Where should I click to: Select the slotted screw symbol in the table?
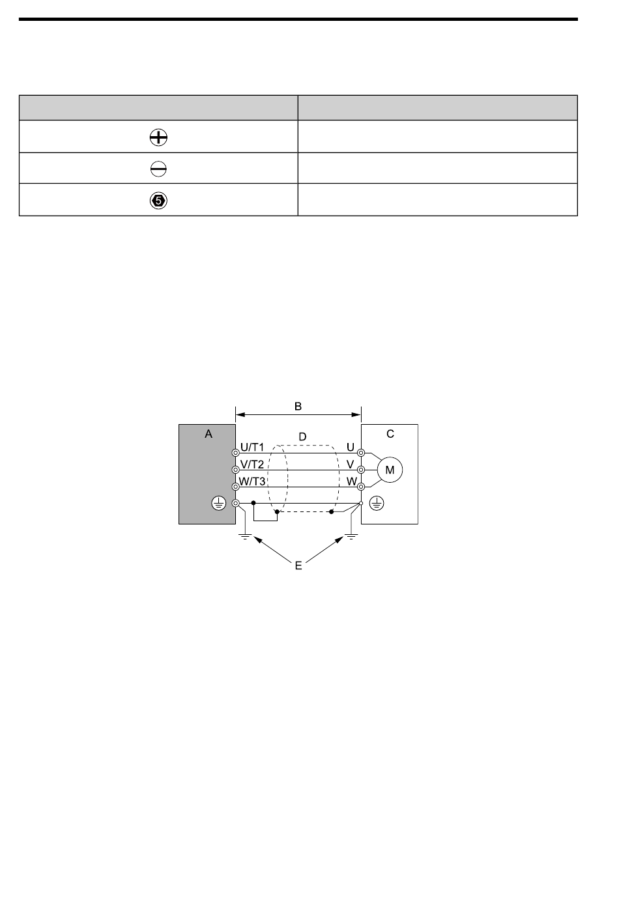158,169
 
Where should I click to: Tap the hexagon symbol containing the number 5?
158,201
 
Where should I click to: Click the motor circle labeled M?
390,469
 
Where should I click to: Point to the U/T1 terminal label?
252,448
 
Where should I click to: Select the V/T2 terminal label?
252,465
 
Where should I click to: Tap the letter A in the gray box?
209,433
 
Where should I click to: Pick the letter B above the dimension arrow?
298,406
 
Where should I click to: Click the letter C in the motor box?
390,433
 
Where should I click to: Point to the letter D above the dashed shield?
302,435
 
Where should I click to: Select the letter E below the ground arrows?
298,565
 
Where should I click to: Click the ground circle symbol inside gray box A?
219,502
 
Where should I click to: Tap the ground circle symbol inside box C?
375,502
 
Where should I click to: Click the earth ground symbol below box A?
245,537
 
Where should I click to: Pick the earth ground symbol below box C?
351,537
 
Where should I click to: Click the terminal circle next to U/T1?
236,452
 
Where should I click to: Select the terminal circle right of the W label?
360,486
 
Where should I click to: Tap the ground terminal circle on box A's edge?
236,503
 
